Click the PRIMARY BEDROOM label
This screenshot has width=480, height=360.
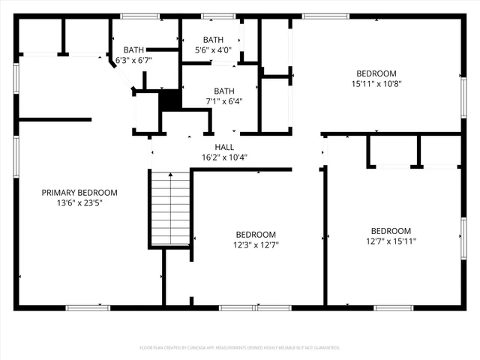tap(79, 193)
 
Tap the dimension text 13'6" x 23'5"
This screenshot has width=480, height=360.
tap(79, 202)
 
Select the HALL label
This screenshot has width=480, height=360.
tap(224, 147)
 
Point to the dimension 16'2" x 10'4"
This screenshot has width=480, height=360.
tap(224, 157)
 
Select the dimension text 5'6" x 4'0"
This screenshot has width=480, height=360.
tap(213, 50)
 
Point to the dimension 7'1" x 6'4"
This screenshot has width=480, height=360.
tap(223, 100)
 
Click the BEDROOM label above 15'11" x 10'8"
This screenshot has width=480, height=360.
tap(376, 73)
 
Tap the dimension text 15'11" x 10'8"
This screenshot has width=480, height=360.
tap(376, 83)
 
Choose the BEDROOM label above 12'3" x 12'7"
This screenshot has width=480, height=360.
tap(256, 234)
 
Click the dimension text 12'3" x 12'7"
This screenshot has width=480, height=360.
tap(256, 244)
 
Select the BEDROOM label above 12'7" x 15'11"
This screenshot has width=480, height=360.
tap(391, 230)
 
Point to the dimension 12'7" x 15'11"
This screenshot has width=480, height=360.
tap(391, 241)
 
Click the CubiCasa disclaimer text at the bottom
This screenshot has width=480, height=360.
tap(240, 348)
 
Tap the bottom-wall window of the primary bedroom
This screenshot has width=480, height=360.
tap(88, 307)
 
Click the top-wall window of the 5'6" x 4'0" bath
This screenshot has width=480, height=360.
tap(218, 16)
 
